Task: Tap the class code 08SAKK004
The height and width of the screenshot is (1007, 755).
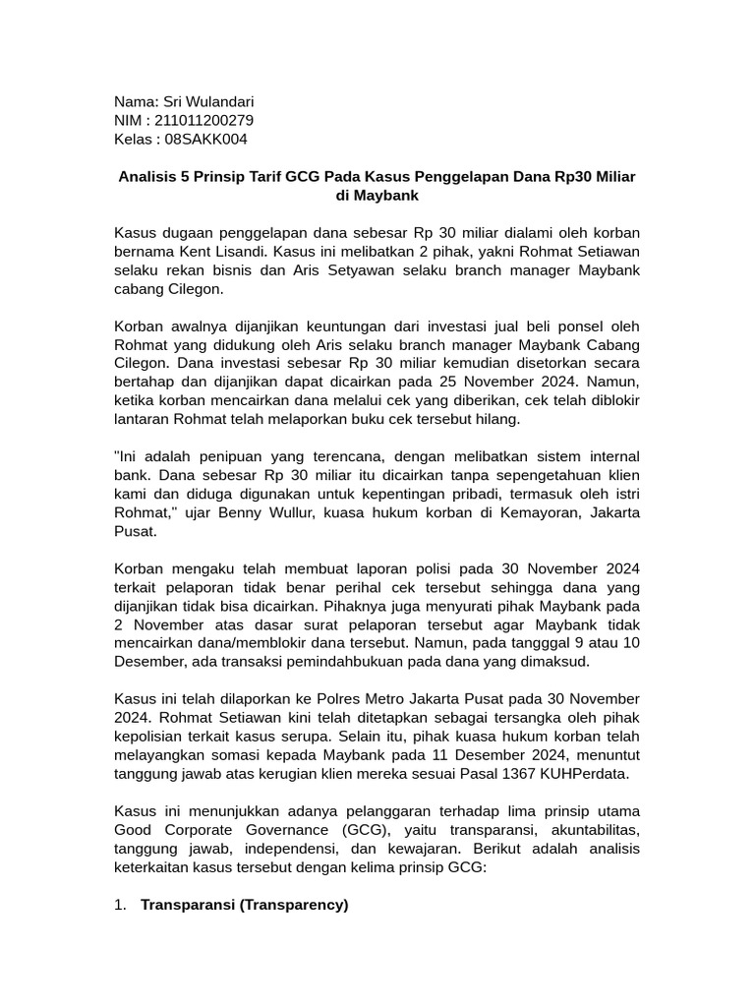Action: coord(205,139)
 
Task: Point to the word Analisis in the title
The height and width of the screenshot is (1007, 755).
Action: coord(150,176)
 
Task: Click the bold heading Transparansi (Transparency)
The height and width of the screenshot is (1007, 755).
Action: coord(245,905)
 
